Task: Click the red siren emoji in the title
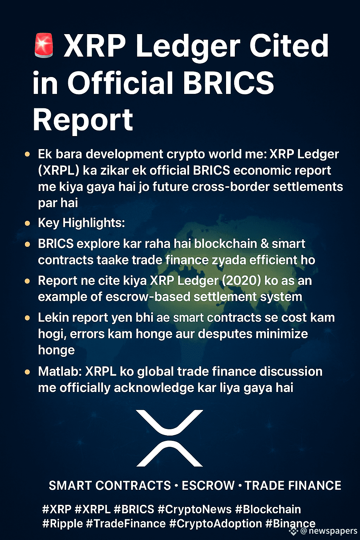point(44,45)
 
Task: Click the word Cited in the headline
point(289,45)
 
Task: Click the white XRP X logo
point(169,438)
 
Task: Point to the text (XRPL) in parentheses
point(59,171)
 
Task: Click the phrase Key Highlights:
point(81,223)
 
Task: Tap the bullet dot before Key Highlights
point(27,223)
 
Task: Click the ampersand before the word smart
point(264,244)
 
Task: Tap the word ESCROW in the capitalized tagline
point(208,485)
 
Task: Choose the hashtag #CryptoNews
point(194,509)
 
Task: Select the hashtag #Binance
point(290,523)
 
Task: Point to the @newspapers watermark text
point(329,531)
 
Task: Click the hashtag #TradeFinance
point(126,523)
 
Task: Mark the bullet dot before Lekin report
point(27,318)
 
